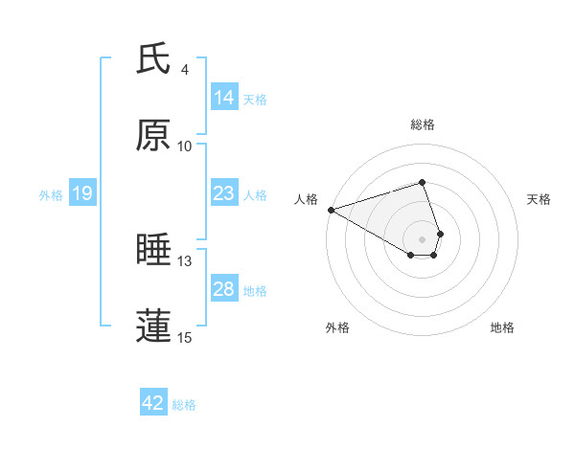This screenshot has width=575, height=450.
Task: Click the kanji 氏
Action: pos(154,59)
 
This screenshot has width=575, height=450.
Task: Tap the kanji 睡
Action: pos(154,250)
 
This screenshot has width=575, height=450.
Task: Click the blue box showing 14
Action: pos(224,98)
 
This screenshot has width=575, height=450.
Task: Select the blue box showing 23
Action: pos(224,193)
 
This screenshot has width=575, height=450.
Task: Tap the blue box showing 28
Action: pos(224,289)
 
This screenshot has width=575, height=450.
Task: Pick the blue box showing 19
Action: pos(82,194)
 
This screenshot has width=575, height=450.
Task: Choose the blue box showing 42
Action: pos(153,404)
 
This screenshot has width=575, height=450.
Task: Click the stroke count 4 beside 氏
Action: pos(185,70)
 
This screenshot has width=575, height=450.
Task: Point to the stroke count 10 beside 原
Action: pos(185,146)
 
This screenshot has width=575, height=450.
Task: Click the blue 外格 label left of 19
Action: pos(51,195)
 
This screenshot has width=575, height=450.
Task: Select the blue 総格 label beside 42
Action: pos(184,405)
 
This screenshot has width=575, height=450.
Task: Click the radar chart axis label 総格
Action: pos(423,124)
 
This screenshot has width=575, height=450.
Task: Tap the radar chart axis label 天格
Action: pos(540,199)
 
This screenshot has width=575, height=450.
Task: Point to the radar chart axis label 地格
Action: pos(502,328)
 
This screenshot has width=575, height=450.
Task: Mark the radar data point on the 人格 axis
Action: pos(331,210)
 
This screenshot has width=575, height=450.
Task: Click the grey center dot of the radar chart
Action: pos(423,239)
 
